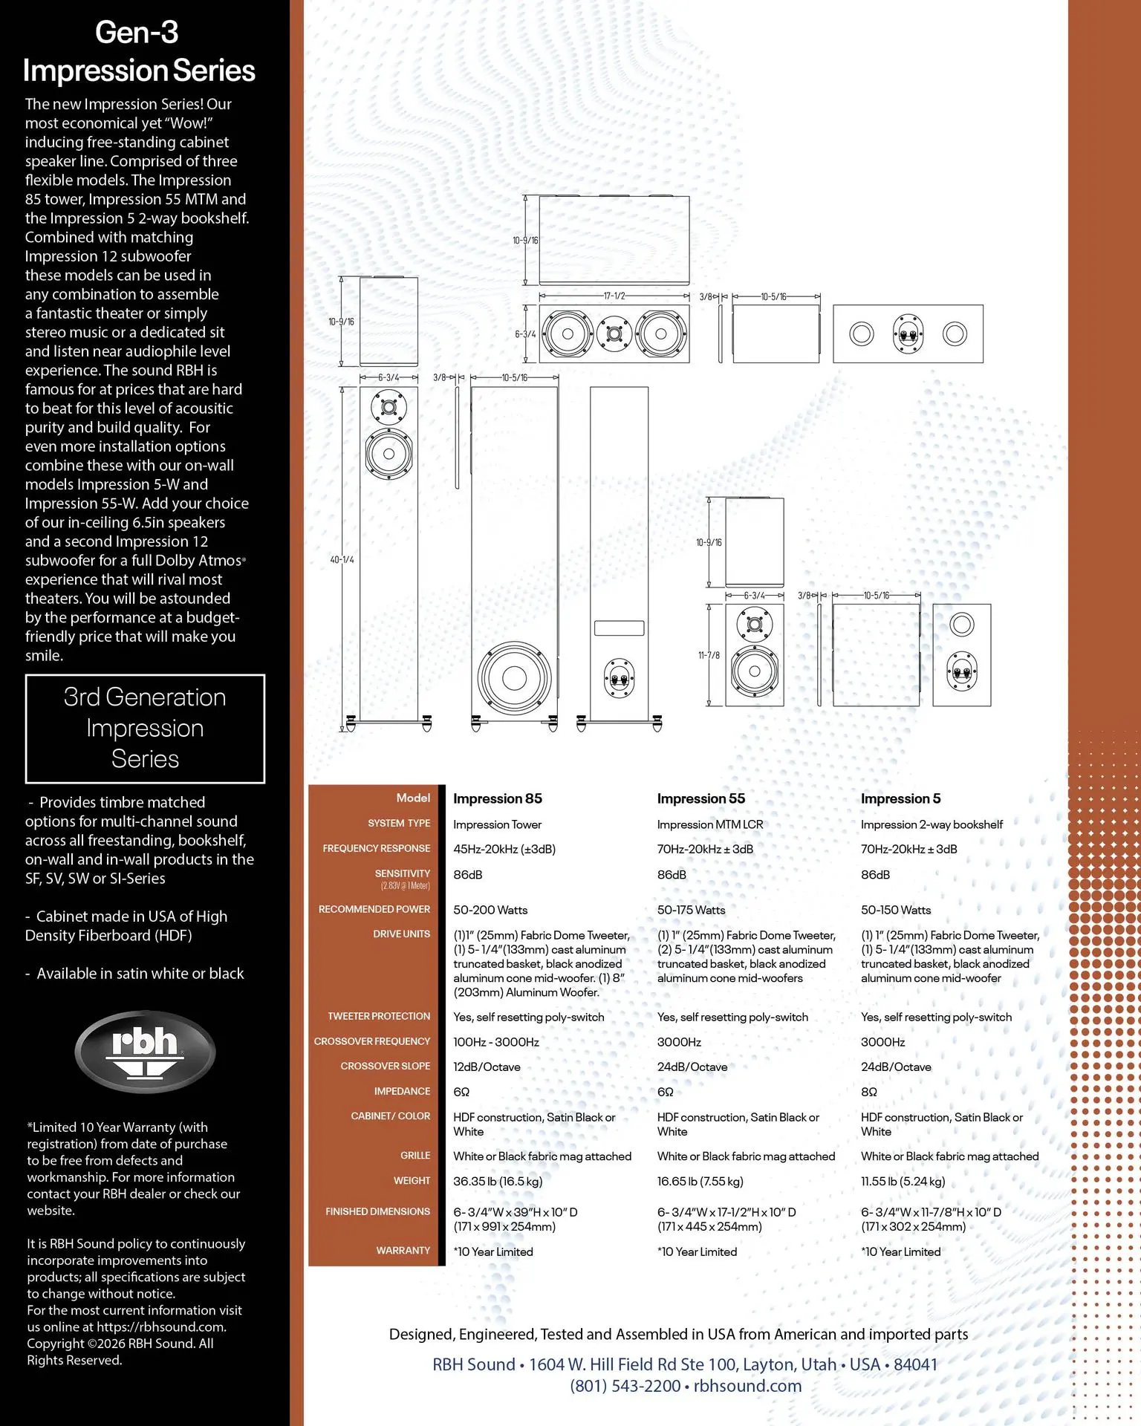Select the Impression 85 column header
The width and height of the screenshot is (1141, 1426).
pyautogui.click(x=498, y=798)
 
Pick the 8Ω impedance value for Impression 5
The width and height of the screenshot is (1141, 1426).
pyautogui.click(x=869, y=1092)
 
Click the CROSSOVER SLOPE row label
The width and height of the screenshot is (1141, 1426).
pyautogui.click(x=385, y=1066)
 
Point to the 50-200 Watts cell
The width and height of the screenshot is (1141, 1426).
pyautogui.click(x=490, y=910)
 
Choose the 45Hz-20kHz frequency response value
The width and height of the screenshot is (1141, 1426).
pyautogui.click(x=504, y=849)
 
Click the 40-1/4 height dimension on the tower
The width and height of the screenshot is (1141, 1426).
pyautogui.click(x=342, y=559)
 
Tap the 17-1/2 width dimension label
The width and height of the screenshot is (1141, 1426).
pyautogui.click(x=614, y=296)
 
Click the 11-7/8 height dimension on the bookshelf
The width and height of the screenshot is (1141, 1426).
pyautogui.click(x=709, y=655)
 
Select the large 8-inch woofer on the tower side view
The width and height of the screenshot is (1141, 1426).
pyautogui.click(x=514, y=677)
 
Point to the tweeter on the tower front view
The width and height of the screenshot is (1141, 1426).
pyautogui.click(x=389, y=408)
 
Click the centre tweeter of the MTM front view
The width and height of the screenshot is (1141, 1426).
pyautogui.click(x=614, y=333)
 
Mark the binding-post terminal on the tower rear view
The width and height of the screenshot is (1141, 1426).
pyautogui.click(x=619, y=677)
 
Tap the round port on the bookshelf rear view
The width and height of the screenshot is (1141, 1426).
pyautogui.click(x=961, y=624)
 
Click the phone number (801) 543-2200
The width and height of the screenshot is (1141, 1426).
pyautogui.click(x=625, y=1386)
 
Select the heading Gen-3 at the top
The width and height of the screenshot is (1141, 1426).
pyautogui.click(x=137, y=32)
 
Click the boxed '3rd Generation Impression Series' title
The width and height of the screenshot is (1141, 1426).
pyautogui.click(x=145, y=728)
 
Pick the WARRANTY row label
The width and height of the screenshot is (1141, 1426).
pyautogui.click(x=403, y=1251)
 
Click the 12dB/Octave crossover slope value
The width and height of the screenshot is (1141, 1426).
pyautogui.click(x=487, y=1067)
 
